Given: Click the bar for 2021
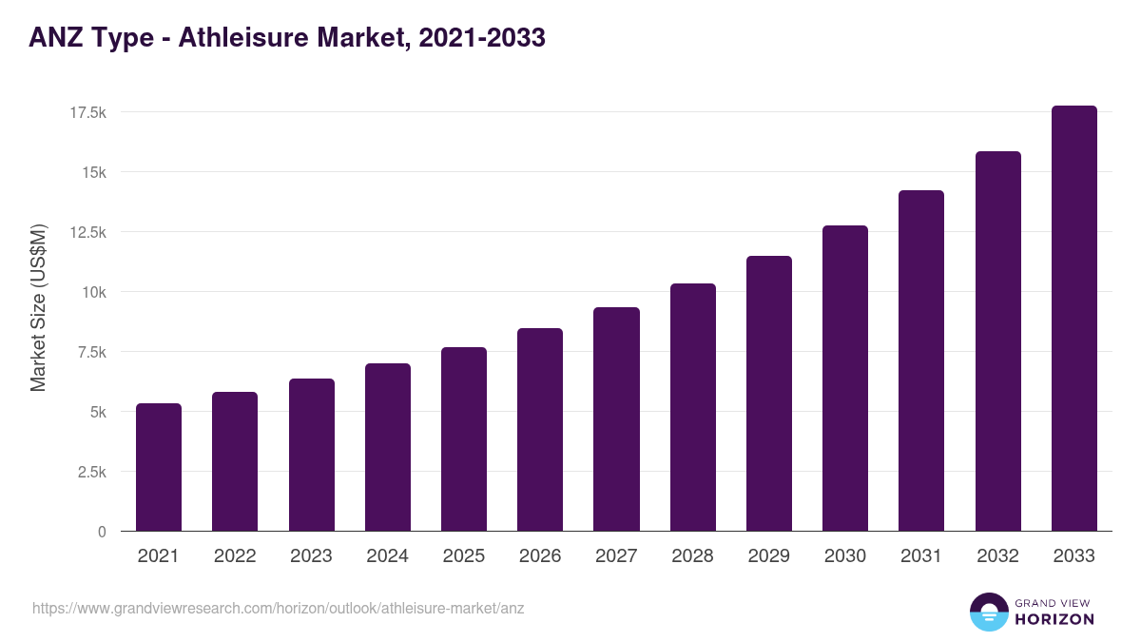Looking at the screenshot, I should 159,467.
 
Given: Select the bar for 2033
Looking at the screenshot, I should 1073,319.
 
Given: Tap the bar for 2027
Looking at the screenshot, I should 616,419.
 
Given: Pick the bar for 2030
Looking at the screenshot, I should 845,379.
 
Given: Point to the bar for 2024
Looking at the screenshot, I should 387,447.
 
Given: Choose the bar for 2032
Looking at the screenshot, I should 997,341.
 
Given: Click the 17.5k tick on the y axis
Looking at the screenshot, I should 87,113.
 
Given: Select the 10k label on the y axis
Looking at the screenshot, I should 93,292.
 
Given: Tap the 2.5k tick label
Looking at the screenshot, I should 91,472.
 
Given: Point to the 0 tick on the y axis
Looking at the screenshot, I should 102,532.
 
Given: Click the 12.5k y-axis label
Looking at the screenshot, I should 87,233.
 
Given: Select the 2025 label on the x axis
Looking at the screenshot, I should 463,556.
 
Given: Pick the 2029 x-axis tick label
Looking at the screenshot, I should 768,556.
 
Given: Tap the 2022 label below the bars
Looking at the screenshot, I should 235,556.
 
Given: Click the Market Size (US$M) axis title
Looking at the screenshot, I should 38,308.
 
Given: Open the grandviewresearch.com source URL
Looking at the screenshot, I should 278,608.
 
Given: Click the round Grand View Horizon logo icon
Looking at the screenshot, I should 988,612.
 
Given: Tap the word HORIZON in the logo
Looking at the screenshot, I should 1055,619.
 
